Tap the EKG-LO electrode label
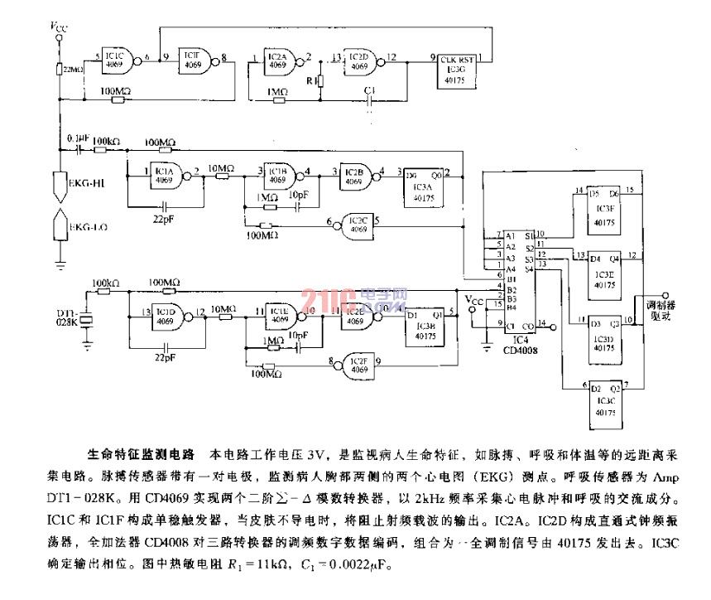click(x=84, y=225)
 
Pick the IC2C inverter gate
click(x=353, y=221)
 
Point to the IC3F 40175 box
click(x=606, y=210)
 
